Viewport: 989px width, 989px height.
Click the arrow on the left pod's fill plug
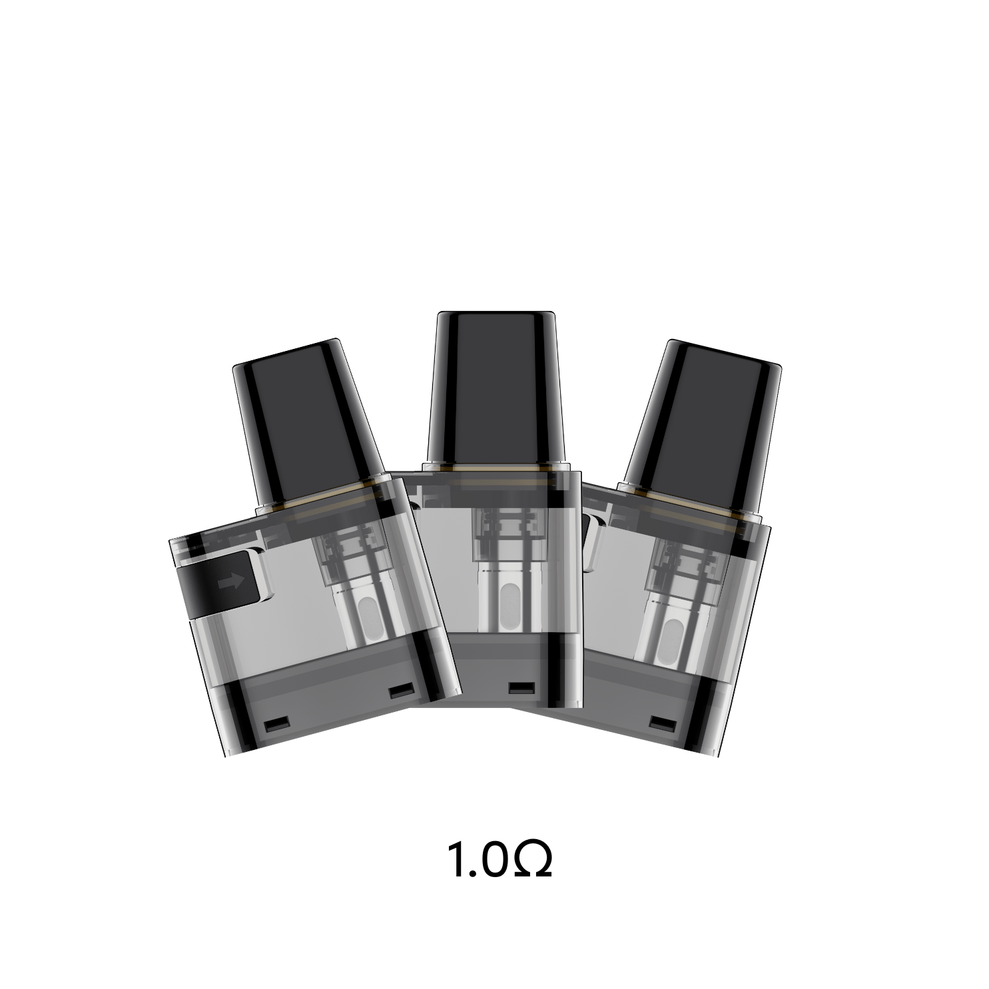tap(230, 581)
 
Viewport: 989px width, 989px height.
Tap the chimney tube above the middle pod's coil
tap(495, 526)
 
